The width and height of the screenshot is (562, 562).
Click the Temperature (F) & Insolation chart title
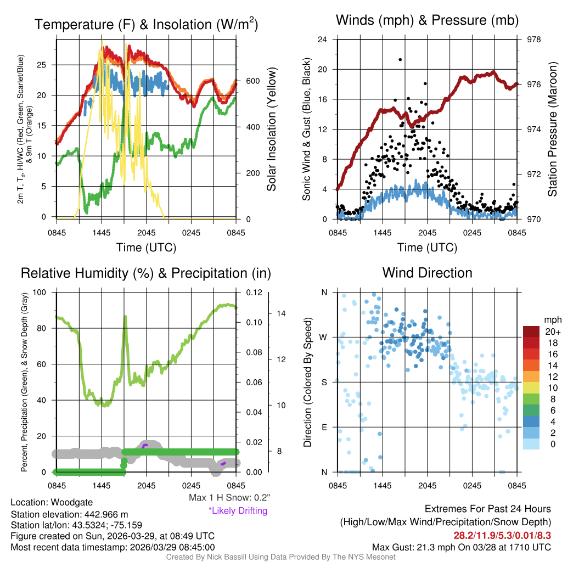(146, 25)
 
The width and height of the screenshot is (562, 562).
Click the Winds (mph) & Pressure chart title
(428, 21)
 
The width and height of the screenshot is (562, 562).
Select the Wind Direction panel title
(427, 273)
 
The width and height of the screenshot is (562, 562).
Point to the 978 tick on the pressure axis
(533, 40)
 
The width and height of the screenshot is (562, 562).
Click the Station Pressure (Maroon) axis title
(553, 130)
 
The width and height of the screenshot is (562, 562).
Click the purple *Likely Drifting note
(238, 511)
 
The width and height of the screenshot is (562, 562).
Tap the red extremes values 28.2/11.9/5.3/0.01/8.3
(502, 535)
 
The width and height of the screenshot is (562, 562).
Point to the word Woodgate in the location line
(74, 502)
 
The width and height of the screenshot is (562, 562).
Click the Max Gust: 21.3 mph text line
(462, 547)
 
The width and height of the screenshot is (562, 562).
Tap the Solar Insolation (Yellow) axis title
(272, 130)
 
